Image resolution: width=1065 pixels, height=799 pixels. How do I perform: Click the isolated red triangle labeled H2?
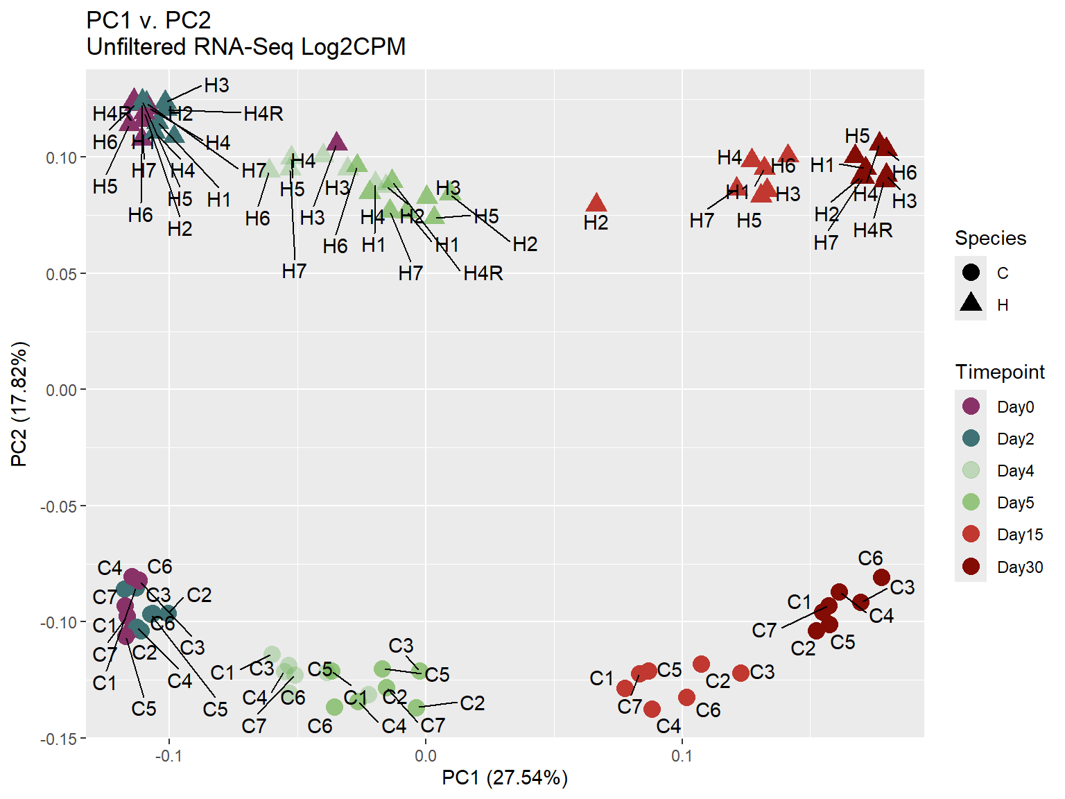(596, 204)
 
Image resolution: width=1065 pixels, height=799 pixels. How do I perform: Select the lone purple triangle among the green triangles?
(337, 143)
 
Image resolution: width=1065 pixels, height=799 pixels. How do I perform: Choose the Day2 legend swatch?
(971, 438)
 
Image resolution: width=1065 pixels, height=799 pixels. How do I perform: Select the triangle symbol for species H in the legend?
(971, 303)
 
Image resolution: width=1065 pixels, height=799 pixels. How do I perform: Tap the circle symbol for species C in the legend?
(971, 272)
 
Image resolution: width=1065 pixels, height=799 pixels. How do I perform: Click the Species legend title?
(990, 238)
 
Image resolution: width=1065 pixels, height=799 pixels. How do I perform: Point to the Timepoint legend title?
(999, 372)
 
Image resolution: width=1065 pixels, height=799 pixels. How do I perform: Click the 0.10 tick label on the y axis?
(61, 157)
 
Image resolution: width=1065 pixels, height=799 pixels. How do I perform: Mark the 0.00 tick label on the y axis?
(61, 390)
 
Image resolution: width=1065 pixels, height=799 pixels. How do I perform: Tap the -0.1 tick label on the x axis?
(168, 756)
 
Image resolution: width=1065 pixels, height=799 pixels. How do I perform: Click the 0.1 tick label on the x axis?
(682, 756)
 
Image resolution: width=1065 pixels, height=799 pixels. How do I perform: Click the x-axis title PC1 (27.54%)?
(505, 778)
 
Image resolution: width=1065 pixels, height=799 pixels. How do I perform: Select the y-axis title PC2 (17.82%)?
(19, 404)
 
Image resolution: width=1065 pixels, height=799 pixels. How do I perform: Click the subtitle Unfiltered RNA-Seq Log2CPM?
(246, 47)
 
